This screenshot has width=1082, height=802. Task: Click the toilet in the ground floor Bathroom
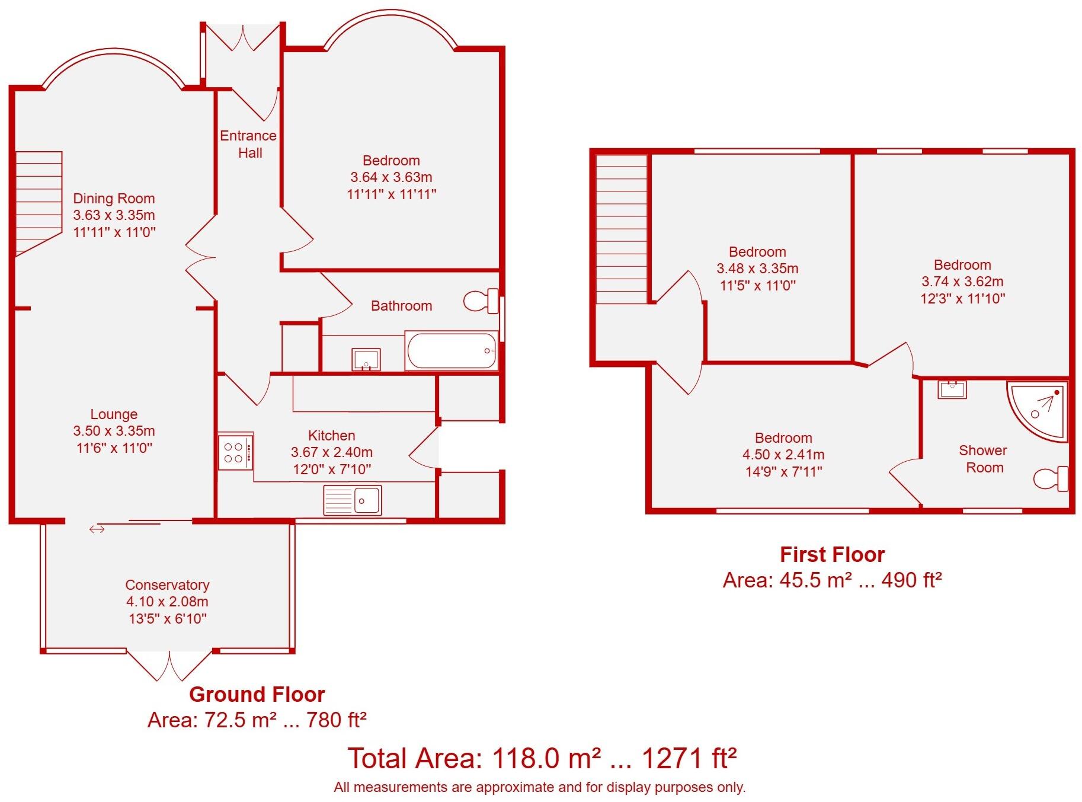coord(481,301)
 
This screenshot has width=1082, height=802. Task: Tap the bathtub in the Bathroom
coord(452,351)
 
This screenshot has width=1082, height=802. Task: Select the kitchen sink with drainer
coord(353,500)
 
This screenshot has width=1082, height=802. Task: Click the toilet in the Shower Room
coord(1051,479)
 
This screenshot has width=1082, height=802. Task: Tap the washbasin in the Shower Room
coord(952,390)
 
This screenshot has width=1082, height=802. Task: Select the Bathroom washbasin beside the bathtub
coord(366,359)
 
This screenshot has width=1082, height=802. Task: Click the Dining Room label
coord(114,199)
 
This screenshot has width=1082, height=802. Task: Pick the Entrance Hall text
coord(249,144)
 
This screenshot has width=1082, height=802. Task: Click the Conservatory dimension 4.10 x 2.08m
coord(167,602)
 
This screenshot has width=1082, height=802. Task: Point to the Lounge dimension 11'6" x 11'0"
coord(114,448)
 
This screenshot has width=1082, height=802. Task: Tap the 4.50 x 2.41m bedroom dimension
coord(783,455)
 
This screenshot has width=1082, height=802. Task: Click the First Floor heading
coord(832,554)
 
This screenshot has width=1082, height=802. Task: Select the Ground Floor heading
coord(257,694)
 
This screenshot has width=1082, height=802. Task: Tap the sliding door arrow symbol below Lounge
coord(97,529)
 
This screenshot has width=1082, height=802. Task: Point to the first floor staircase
coord(621,228)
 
